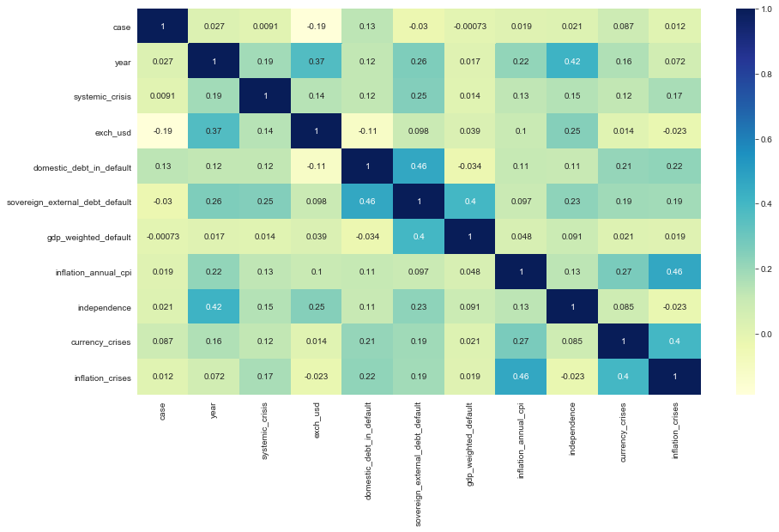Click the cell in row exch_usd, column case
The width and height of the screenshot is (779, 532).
[163, 132]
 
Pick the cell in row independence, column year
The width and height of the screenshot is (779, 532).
[214, 307]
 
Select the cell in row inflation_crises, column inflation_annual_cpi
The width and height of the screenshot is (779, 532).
[521, 378]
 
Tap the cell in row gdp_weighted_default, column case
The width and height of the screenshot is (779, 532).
[163, 237]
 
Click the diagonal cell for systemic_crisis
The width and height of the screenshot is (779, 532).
[265, 97]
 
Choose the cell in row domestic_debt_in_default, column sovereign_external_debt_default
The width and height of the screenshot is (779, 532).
[419, 167]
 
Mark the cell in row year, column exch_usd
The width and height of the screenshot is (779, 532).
[317, 62]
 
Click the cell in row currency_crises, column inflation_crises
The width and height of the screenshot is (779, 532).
[674, 342]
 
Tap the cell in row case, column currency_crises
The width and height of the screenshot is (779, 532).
[624, 27]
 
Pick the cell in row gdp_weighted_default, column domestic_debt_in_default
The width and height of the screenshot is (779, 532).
[367, 237]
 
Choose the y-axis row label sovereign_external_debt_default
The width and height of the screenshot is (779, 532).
[68, 203]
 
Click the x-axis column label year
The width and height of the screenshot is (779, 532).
[214, 409]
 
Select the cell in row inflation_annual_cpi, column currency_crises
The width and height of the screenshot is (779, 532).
[624, 272]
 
